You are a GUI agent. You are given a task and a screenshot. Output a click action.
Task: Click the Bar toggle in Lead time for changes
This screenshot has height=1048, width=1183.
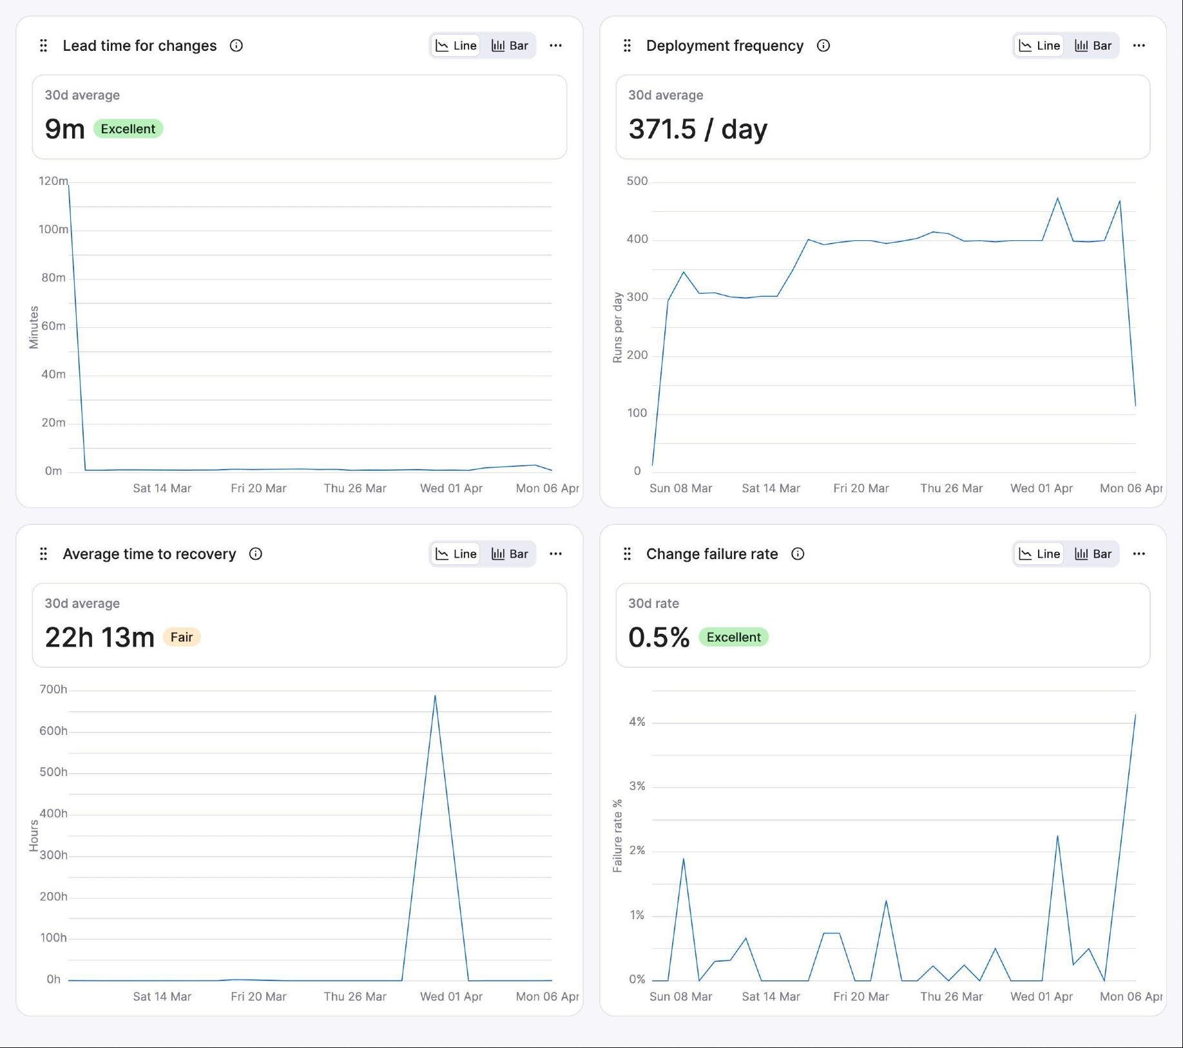click(x=510, y=46)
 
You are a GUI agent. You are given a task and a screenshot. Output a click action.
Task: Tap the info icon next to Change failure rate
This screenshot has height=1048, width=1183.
click(x=798, y=554)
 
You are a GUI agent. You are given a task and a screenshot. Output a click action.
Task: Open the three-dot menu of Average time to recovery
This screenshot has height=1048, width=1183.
click(x=555, y=554)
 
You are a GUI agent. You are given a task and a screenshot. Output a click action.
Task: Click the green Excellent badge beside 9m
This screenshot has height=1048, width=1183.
click(x=128, y=129)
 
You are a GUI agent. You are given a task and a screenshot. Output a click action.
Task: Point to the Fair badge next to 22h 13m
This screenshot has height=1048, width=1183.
click(x=182, y=637)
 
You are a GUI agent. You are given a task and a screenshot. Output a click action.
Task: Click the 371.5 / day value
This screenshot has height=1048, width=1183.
click(x=698, y=129)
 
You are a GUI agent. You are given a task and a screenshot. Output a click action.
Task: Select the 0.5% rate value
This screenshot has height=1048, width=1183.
click(x=659, y=637)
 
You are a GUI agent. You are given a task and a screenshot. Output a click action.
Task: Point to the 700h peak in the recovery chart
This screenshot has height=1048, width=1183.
click(x=435, y=696)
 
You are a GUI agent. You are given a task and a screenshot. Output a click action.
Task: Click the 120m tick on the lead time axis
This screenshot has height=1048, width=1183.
click(x=53, y=181)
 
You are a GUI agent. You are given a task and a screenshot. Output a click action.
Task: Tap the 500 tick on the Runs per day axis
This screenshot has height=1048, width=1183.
click(x=637, y=181)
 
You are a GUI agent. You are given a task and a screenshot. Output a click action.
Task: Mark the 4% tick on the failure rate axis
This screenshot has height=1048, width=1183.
click(x=637, y=722)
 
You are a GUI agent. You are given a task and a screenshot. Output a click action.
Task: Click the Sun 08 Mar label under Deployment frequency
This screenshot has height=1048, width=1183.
click(x=680, y=488)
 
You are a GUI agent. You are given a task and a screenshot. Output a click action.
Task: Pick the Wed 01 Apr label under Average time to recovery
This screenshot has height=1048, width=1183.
click(x=451, y=996)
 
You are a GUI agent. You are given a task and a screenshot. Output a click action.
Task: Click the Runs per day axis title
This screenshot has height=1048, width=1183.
click(x=617, y=327)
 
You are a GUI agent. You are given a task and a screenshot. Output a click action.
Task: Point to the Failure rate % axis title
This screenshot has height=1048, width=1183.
click(x=617, y=836)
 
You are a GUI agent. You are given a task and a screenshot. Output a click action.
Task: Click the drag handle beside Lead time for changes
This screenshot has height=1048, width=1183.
click(x=44, y=46)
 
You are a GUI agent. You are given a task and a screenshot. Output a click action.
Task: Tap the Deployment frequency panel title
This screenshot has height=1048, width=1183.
click(x=724, y=46)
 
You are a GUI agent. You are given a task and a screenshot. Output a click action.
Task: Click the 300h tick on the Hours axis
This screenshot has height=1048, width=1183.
click(x=53, y=855)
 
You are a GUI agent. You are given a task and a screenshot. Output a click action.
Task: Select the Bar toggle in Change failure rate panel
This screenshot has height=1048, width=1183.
click(x=1093, y=554)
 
